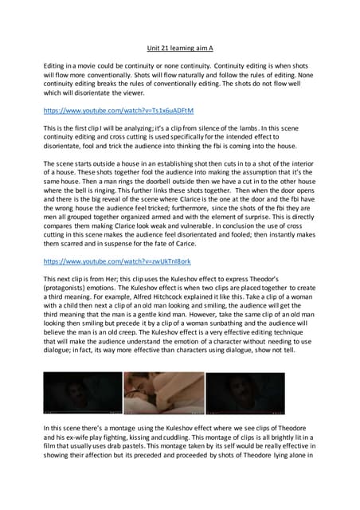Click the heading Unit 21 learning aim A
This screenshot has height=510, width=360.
pos(181,48)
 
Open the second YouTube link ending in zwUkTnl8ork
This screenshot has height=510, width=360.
pos(117,261)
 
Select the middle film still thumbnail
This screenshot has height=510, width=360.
pos(164,393)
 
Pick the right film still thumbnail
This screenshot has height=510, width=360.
pos(245,393)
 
